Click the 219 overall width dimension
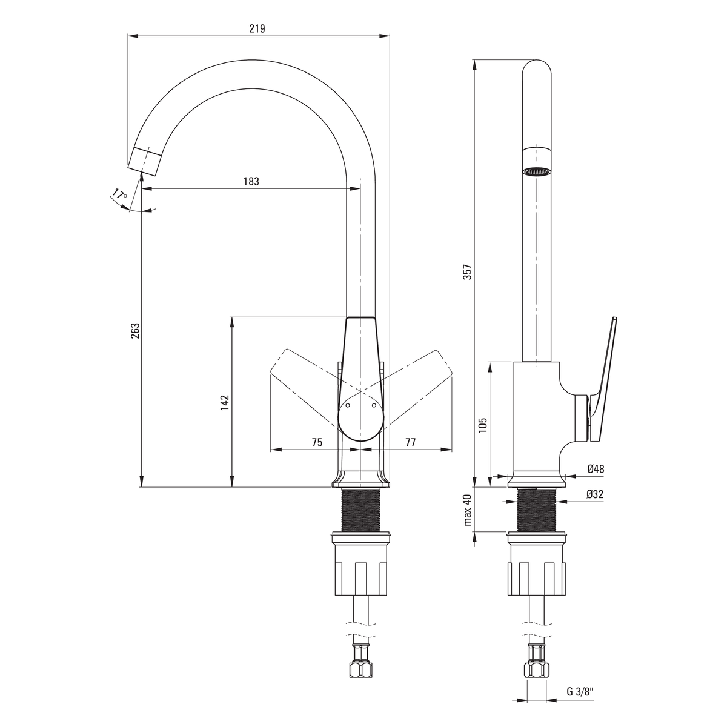[x=257, y=28]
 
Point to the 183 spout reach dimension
[x=251, y=182]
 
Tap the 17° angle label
[x=119, y=194]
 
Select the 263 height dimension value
[x=136, y=331]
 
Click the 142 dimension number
[x=225, y=402]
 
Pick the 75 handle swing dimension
[x=317, y=442]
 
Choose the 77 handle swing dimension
[x=411, y=442]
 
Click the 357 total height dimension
[x=468, y=272]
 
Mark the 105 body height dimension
[x=483, y=425]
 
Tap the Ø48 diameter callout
[x=596, y=469]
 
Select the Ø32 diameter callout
[x=595, y=494]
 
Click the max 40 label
[x=468, y=510]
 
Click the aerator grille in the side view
[x=537, y=171]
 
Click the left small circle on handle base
[x=348, y=405]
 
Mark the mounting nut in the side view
[x=537, y=564]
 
